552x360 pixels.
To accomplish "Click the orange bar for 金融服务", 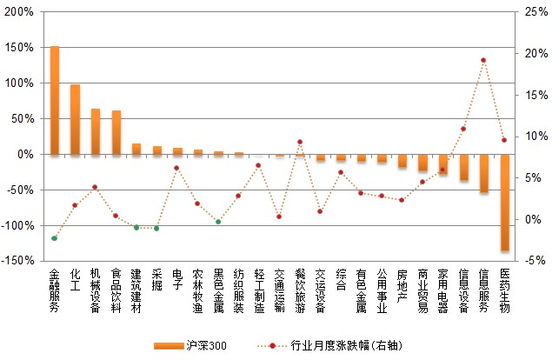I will [x=55, y=100].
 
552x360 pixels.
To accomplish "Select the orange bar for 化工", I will [x=75, y=119].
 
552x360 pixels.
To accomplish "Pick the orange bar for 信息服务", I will [x=484, y=173].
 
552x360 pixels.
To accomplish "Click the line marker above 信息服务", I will [x=483, y=60].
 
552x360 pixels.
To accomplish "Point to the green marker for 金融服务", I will [x=54, y=238].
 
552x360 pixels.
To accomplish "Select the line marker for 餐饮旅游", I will [x=300, y=142].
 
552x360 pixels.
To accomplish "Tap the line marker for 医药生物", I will [x=504, y=140].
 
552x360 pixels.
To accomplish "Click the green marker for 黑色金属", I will [x=218, y=222].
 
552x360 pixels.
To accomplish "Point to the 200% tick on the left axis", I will [x=21, y=12].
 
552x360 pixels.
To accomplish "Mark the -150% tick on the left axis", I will [x=19, y=260].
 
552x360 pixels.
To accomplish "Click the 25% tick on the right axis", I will [x=530, y=12].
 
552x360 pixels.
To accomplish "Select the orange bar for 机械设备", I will [x=96, y=131].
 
